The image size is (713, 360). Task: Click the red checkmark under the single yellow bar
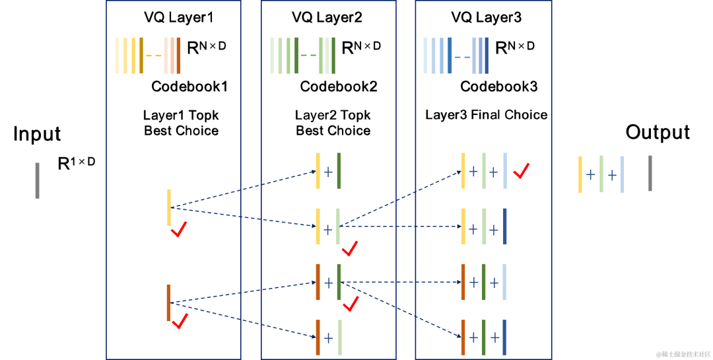178,229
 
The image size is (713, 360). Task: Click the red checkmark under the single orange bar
180,321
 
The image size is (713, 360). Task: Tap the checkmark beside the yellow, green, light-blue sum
522,171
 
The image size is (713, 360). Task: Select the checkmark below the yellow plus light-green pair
350,248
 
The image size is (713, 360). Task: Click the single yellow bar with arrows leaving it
169,207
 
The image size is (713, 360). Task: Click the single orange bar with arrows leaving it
168,303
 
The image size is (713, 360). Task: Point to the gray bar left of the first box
37,180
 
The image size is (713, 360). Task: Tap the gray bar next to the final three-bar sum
650,173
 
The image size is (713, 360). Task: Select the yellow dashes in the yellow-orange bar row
154,55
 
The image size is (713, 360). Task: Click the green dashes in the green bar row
308,55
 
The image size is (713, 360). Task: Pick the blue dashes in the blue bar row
462,56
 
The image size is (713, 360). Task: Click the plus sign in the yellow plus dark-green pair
328,171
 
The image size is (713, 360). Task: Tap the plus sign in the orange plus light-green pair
328,338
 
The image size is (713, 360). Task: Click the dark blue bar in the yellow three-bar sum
505,227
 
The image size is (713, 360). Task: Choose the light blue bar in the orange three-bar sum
505,282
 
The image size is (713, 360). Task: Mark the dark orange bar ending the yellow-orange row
178,55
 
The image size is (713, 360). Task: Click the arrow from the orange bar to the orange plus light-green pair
244,320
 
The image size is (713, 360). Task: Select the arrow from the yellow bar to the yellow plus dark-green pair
244,190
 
